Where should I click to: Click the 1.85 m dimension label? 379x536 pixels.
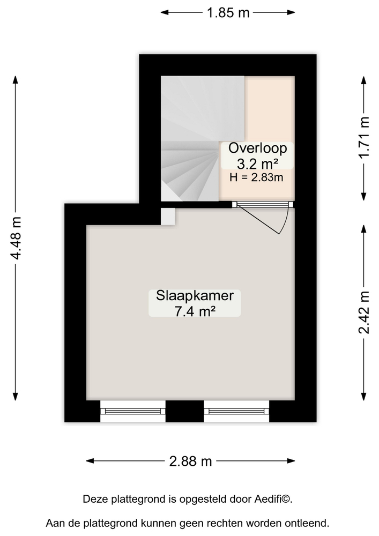tap(228, 13)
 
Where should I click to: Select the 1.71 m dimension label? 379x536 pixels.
tap(364, 137)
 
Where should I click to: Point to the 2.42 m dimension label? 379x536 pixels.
tap(364, 312)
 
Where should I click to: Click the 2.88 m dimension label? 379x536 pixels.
tap(191, 461)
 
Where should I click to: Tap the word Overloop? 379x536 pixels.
tap(257, 148)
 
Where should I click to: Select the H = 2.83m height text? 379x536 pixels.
tap(256, 177)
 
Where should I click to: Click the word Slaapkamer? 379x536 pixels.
tap(195, 296)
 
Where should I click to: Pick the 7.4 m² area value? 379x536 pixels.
tap(195, 311)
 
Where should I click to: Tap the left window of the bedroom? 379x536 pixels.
tap(133, 411)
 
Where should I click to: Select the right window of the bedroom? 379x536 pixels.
tap(236, 411)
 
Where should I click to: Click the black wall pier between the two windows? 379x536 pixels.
tap(185, 411)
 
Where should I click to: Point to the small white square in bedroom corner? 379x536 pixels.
tap(168, 217)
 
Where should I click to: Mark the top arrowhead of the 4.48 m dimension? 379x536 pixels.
tap(16, 79)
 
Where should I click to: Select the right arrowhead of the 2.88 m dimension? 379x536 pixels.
tap(291, 461)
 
